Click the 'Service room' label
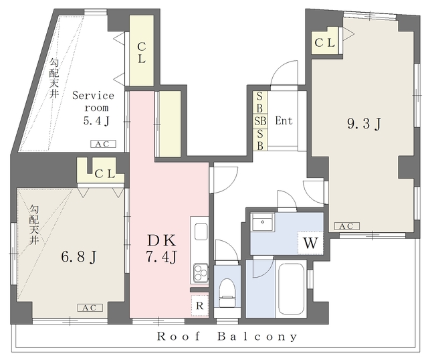point(93,101)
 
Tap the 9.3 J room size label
point(364,124)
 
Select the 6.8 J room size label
point(78,257)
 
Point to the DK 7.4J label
point(162,248)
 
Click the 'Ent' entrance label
point(284,120)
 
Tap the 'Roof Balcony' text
point(227,337)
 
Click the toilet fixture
point(227,292)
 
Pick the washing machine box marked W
point(310,243)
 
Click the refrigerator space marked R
point(200,306)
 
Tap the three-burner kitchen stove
point(201,273)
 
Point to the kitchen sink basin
point(201,232)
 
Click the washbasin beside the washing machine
point(262,222)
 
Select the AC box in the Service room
point(103,144)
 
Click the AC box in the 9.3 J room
point(347,226)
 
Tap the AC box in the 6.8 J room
point(90,308)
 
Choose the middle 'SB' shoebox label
point(260,120)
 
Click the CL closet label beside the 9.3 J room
point(325,43)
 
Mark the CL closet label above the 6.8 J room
point(105,174)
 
